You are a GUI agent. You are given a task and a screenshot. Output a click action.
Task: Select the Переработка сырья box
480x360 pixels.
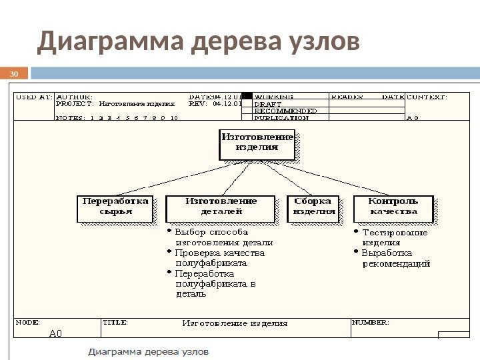115,208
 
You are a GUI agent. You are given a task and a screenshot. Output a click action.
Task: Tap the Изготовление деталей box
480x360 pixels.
220,208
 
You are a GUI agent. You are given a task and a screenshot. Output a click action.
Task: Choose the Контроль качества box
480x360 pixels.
393,208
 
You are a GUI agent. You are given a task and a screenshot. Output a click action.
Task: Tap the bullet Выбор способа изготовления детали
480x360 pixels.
219,238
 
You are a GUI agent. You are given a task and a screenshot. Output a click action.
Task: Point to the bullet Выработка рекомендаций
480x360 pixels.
393,258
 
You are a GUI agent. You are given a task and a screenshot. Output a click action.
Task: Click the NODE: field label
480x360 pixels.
28,321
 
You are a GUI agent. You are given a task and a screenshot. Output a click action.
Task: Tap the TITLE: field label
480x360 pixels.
115,321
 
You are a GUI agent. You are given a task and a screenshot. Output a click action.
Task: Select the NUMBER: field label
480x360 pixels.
371,321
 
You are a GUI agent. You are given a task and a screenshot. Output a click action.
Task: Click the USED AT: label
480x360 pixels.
33,97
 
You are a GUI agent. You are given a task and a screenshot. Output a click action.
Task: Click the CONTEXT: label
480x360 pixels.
427,97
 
